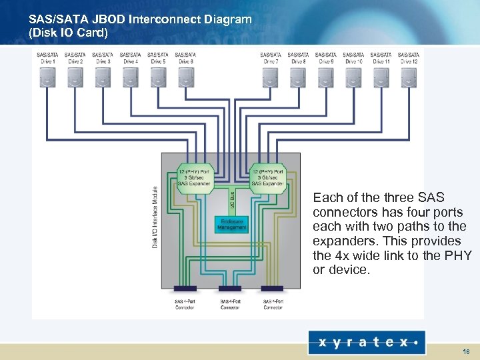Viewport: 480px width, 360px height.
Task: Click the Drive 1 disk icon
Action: tap(47, 78)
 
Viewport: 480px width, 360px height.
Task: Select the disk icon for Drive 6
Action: tap(185, 78)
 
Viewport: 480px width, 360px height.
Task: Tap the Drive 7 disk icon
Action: tap(270, 78)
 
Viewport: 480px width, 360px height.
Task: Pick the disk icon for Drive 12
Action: tap(408, 78)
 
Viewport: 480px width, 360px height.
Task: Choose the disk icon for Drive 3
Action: tap(103, 78)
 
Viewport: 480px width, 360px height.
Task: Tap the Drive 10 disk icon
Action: tap(353, 78)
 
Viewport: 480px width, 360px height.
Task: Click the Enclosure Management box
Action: tap(231, 224)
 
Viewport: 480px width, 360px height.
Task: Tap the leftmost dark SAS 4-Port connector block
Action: tap(185, 289)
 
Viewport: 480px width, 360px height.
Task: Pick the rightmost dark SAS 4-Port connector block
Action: tap(272, 289)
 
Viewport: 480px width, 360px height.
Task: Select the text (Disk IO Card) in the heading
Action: tap(68, 32)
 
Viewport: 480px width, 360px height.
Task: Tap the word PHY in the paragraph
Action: tap(459, 255)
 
